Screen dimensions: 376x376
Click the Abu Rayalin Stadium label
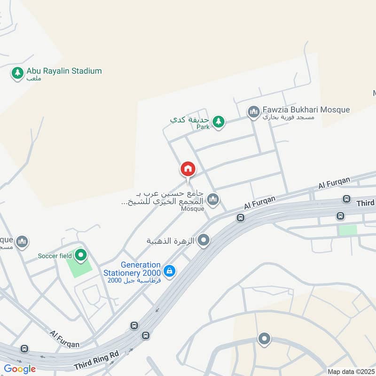coord(64,71)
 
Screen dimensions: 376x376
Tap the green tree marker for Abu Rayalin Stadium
coord(17,73)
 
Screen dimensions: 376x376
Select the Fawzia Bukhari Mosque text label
coord(306,110)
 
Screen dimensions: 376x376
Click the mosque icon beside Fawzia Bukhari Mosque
coord(254,111)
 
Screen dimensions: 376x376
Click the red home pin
coord(188,169)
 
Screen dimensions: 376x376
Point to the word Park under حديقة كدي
coord(203,127)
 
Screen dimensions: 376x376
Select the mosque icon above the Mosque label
coord(213,199)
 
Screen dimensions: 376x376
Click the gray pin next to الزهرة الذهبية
coord(204,241)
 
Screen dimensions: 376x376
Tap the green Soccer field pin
coord(81,255)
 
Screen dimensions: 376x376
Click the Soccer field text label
coord(55,256)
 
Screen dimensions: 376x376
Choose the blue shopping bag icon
coord(170,271)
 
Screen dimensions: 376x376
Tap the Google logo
coord(20,369)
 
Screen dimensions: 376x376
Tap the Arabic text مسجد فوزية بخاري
coord(292,117)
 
